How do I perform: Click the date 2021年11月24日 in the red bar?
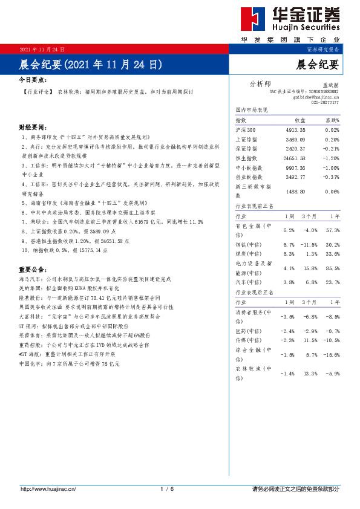pyautogui.click(x=42, y=49)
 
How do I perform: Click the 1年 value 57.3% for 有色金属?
pyautogui.click(x=332, y=230)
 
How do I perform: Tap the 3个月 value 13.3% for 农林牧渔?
pyautogui.click(x=310, y=374)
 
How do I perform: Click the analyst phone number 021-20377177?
pyautogui.click(x=325, y=102)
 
